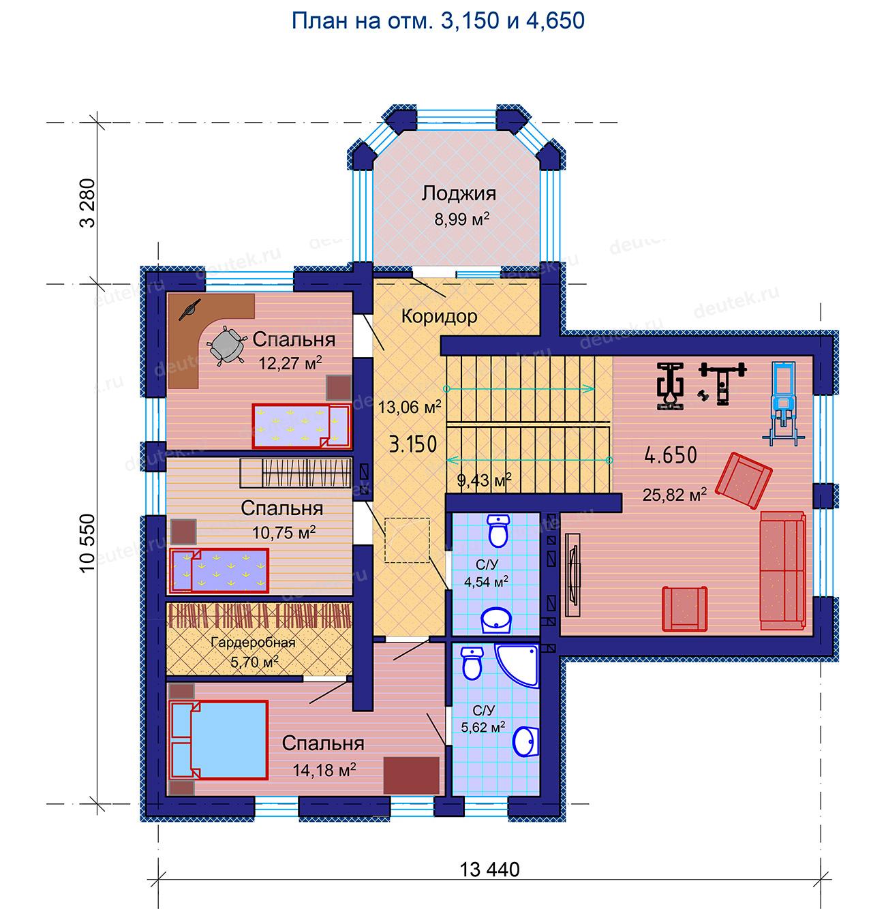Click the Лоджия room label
(x=459, y=194)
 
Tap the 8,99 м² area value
(x=461, y=219)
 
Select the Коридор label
(x=440, y=316)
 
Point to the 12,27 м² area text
(x=290, y=363)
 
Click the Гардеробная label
(x=254, y=643)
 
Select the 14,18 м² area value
(x=324, y=769)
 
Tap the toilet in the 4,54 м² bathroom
(x=498, y=531)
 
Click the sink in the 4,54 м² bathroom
(x=496, y=620)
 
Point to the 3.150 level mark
(x=413, y=444)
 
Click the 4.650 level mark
(x=671, y=454)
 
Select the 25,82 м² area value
(x=674, y=494)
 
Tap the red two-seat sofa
(x=782, y=570)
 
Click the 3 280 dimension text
(x=87, y=203)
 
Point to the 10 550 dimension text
(x=87, y=544)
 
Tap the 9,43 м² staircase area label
(x=484, y=480)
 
